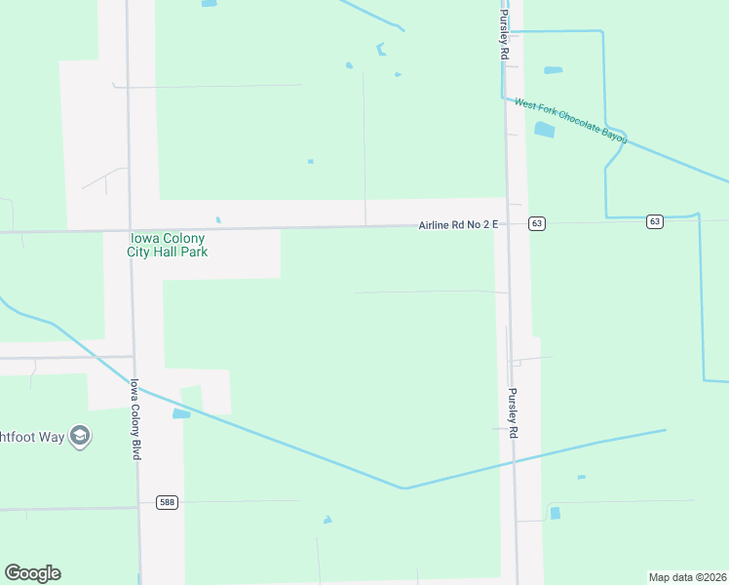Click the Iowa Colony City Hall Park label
[x=168, y=245]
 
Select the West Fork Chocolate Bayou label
[x=570, y=121]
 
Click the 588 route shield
[x=168, y=502]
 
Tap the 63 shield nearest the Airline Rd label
[x=537, y=223]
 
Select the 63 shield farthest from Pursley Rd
[x=654, y=222]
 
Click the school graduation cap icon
[x=81, y=437]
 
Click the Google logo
[x=32, y=573]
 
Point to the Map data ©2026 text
[x=687, y=577]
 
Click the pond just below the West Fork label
[x=544, y=130]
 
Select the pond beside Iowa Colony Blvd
[x=181, y=414]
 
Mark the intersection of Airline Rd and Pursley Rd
[x=507, y=224]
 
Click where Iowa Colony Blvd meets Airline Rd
[x=130, y=230]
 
